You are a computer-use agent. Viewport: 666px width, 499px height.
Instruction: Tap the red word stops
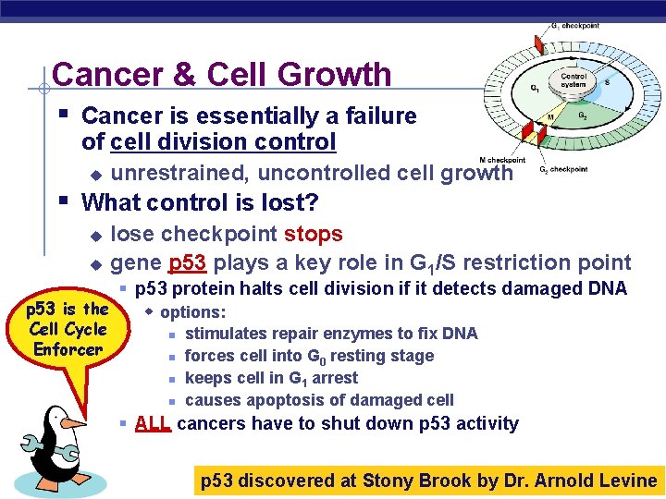[314, 235]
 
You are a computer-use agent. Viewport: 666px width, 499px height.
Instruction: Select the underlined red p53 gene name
[188, 263]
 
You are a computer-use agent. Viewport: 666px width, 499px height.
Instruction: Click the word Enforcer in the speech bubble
[68, 349]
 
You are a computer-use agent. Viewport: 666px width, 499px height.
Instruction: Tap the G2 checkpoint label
[563, 169]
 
